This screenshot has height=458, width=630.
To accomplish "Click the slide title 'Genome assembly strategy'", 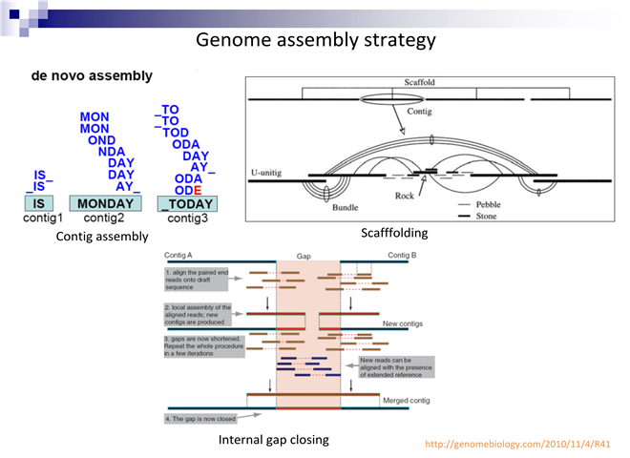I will pos(315,40).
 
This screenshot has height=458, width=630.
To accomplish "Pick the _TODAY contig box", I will pos(188,204).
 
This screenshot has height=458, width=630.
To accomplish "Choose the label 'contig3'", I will pos(188,219).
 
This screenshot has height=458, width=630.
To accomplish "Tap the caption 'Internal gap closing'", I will pos(274,440).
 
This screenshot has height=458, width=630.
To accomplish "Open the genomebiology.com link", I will pos(517,444).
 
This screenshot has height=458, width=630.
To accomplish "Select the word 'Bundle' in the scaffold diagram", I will pos(345,206).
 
